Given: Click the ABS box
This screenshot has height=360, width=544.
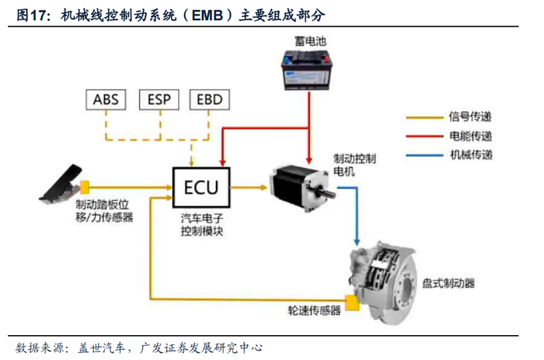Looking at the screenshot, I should (x=106, y=100).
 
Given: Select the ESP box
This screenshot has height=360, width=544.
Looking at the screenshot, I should (x=159, y=100).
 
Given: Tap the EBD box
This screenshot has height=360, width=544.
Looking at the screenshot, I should (x=211, y=100).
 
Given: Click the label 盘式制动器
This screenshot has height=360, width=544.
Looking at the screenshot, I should (x=448, y=283).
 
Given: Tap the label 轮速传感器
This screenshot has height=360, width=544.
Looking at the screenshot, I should (x=314, y=311).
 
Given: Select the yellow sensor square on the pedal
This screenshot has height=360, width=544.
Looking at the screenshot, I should (x=85, y=187).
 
